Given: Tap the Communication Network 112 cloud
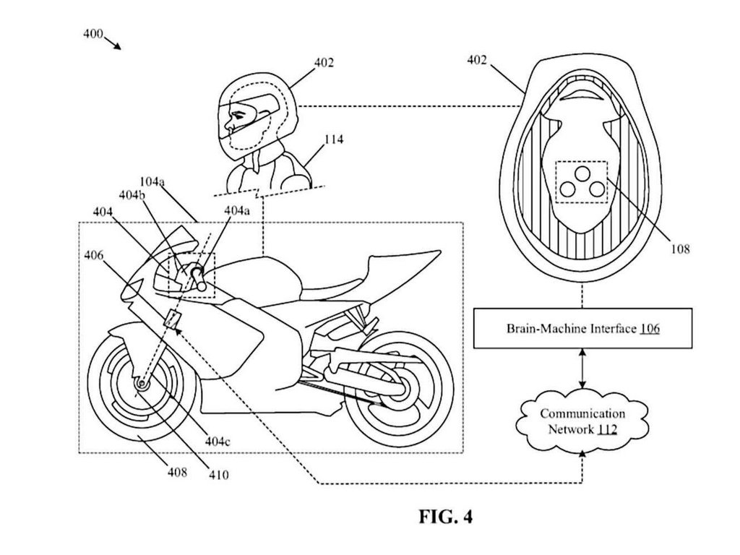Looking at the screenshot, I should [583, 421].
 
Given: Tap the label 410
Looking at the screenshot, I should [217, 475].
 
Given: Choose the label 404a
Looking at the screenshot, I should [236, 210].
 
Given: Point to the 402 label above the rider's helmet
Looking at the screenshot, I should [324, 63].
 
